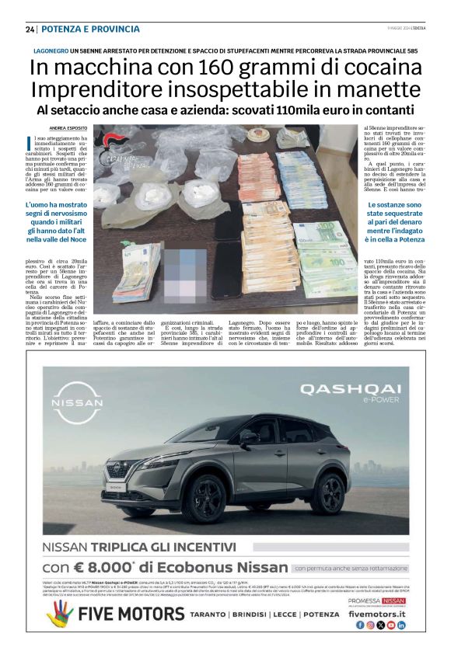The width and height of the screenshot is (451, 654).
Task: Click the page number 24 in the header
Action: coord(30,29)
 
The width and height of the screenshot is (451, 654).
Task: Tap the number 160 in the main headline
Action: coord(212,68)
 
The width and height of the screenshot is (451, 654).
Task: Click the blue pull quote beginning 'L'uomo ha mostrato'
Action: coord(58,224)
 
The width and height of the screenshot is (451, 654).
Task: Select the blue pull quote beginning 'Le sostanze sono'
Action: coord(393,224)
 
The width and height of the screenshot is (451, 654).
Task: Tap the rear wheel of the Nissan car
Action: coord(327,491)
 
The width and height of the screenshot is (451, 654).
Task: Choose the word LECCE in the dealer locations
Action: coord(289,614)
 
